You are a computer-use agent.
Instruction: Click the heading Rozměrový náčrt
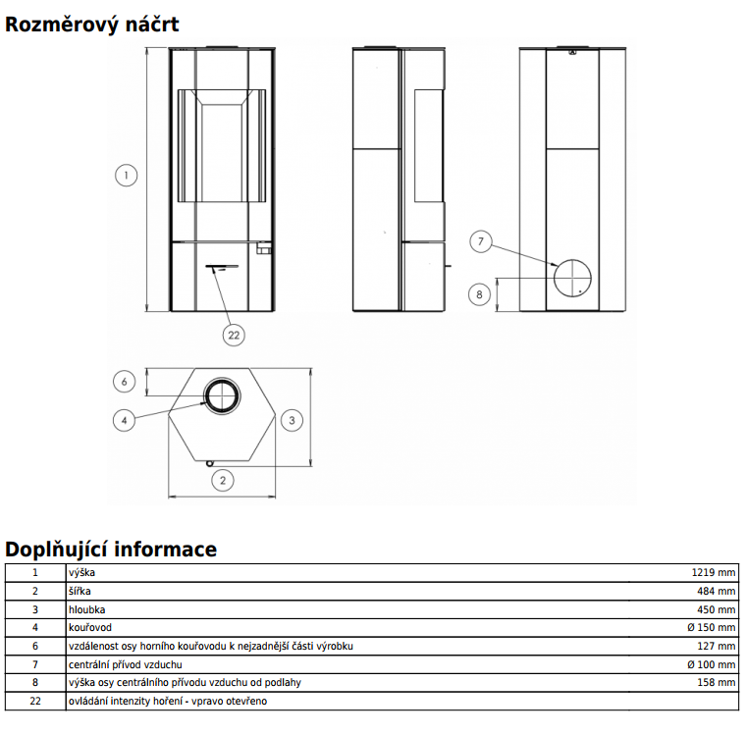pyautogui.click(x=92, y=24)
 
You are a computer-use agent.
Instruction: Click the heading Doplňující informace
pyautogui.click(x=111, y=549)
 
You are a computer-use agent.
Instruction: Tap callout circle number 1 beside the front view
pyautogui.click(x=125, y=177)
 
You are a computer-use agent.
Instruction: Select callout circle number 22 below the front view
pyautogui.click(x=233, y=335)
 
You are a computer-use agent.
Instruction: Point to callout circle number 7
pyautogui.click(x=479, y=241)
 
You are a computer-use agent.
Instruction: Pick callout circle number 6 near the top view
pyautogui.click(x=123, y=381)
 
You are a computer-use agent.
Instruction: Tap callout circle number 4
pyautogui.click(x=123, y=420)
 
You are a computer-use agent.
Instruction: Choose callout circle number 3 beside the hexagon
pyautogui.click(x=291, y=420)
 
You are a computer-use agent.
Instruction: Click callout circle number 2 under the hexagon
pyautogui.click(x=223, y=480)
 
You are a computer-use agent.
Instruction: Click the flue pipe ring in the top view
pyautogui.click(x=221, y=394)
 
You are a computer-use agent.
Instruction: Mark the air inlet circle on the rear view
pyautogui.click(x=572, y=279)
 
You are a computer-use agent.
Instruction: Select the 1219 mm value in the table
pyautogui.click(x=713, y=572)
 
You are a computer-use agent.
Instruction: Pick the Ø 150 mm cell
pyautogui.click(x=708, y=627)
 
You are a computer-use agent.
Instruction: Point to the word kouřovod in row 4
pyautogui.click(x=90, y=627)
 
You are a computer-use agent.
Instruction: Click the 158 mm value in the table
pyautogui.click(x=718, y=682)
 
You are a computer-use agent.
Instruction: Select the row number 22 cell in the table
pyautogui.click(x=35, y=701)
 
